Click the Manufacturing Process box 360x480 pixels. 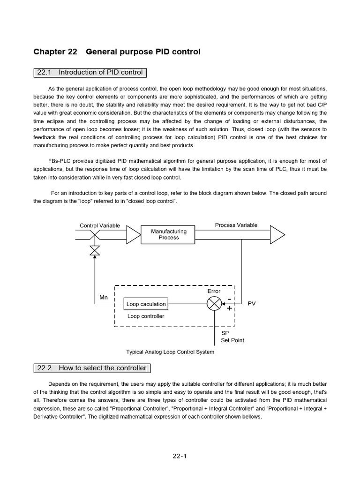click(168, 234)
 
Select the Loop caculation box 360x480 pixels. click(146, 304)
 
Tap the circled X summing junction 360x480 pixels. click(214, 304)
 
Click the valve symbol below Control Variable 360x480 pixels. click(95, 251)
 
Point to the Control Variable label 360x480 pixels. click(100, 225)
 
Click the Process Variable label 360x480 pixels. click(236, 225)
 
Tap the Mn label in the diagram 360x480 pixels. click(104, 298)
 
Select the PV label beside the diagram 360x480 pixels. click(252, 304)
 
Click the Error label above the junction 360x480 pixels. click(214, 291)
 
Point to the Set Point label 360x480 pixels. click(232, 340)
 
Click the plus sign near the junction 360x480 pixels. click(229, 308)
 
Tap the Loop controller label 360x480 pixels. click(146, 316)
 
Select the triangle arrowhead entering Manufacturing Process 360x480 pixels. click(134, 234)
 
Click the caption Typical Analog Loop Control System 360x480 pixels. click(170, 352)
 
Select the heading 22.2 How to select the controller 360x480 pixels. click(92, 368)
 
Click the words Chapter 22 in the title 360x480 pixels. click(55, 52)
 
